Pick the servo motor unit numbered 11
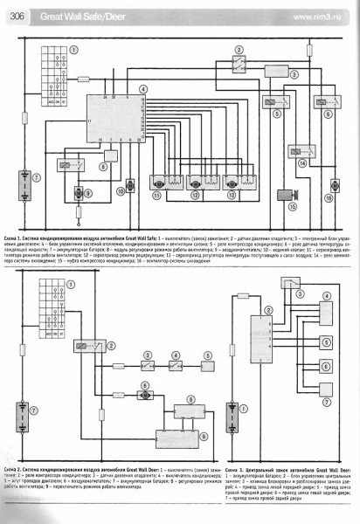pos(160,184)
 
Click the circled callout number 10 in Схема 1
pos(120,191)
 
